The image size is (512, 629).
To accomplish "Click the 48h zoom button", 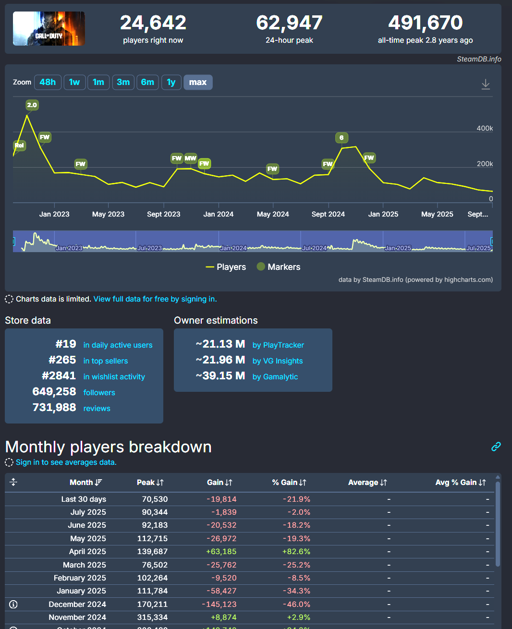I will [x=48, y=82].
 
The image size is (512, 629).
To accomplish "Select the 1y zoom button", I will [x=171, y=82].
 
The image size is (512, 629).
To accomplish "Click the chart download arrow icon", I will [x=486, y=84].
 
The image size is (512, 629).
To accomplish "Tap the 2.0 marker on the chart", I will [x=32, y=105].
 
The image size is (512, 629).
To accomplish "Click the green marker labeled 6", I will [x=341, y=138].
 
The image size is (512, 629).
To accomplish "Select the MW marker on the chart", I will [x=191, y=158].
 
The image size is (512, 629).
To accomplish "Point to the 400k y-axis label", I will [x=485, y=128].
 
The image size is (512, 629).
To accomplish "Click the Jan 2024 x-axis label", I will [x=219, y=214].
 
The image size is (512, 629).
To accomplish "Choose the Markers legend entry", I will [x=279, y=267].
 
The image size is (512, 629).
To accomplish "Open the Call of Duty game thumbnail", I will [x=49, y=29].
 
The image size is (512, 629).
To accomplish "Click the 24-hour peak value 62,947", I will [x=289, y=23].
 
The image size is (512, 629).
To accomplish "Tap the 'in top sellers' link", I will [x=106, y=361].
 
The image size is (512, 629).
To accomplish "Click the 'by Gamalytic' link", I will [x=275, y=377].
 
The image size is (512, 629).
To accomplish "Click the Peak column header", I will [x=150, y=483].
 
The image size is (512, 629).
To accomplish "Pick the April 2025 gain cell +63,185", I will [x=221, y=552].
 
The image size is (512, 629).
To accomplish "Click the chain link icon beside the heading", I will [x=496, y=447].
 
